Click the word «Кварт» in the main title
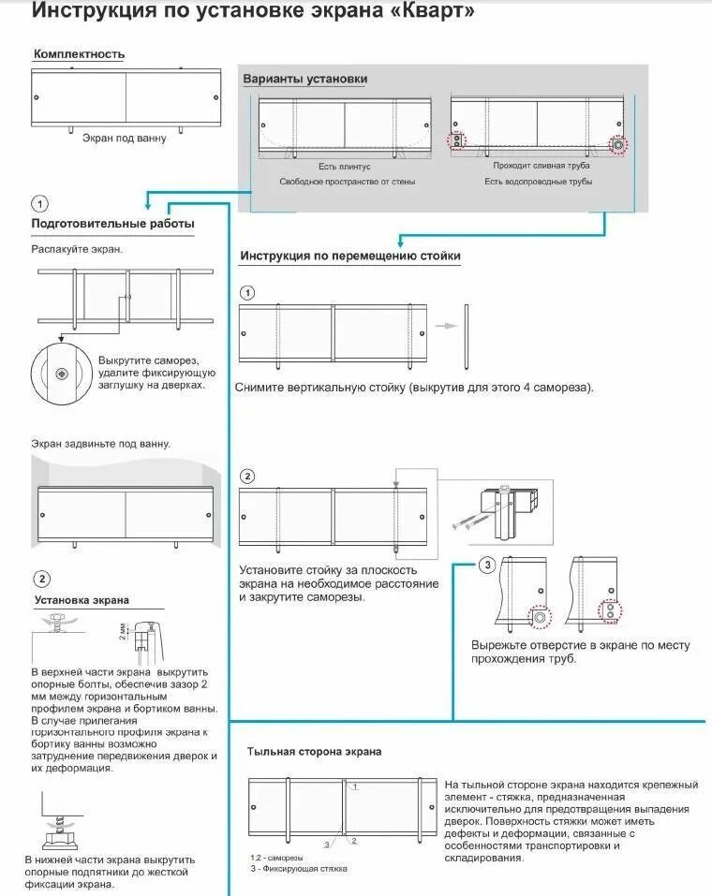pyautogui.click(x=431, y=12)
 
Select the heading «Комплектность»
pyautogui.click(x=79, y=54)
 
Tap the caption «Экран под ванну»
pyautogui.click(x=124, y=139)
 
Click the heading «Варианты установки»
pyautogui.click(x=305, y=79)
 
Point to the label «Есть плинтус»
pyautogui.click(x=345, y=166)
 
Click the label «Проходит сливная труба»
pyautogui.click(x=541, y=166)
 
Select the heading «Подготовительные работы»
pyautogui.click(x=113, y=225)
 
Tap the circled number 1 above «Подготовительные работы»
pyautogui.click(x=39, y=203)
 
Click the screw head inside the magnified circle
pyautogui.click(x=62, y=374)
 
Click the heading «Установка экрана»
pyautogui.click(x=82, y=600)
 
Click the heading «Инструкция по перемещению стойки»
pyautogui.click(x=350, y=256)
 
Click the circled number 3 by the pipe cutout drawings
pyautogui.click(x=487, y=565)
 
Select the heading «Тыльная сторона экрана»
pyautogui.click(x=314, y=752)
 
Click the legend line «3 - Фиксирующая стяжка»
pyautogui.click(x=298, y=869)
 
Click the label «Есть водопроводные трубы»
pyautogui.click(x=538, y=182)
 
